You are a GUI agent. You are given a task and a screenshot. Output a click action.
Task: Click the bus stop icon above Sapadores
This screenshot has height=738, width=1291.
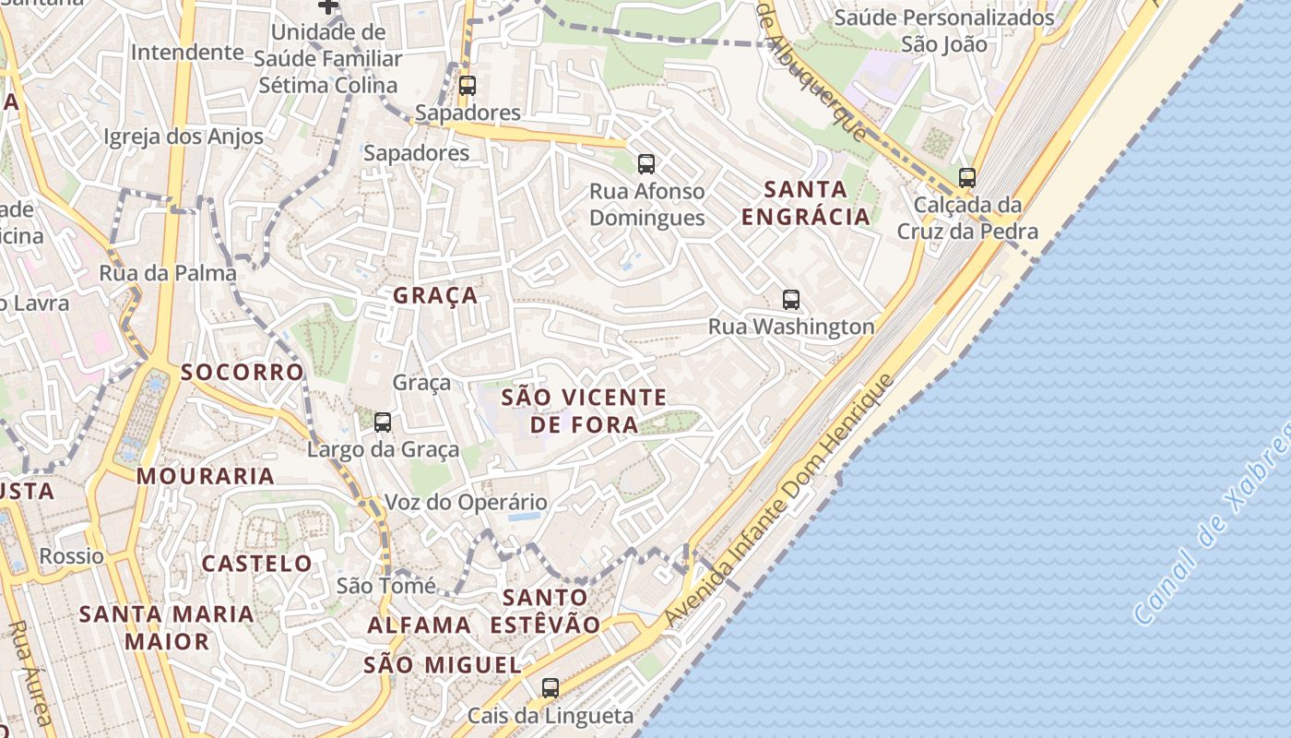point(468,86)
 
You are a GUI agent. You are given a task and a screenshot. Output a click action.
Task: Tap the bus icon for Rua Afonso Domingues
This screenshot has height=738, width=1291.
point(646,164)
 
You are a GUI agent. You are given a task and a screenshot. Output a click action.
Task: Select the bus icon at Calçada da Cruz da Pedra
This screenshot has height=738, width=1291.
point(967,178)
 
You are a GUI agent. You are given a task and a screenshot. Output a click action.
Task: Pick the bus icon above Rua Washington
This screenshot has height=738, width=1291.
point(791,299)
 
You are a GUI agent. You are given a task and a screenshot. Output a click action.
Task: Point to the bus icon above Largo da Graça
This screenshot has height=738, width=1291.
point(383,423)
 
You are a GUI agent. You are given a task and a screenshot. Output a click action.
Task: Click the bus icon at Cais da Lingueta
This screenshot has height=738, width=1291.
point(551,687)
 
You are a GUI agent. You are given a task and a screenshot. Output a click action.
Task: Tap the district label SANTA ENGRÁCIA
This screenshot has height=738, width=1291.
point(805,203)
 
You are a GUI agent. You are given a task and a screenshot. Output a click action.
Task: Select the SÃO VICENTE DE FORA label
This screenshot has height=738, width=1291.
point(584,411)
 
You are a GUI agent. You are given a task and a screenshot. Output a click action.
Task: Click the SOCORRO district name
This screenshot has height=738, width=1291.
point(242,372)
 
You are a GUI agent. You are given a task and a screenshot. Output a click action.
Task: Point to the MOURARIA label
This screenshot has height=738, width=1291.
point(206,476)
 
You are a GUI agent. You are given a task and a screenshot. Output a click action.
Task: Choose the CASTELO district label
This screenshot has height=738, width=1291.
point(257,563)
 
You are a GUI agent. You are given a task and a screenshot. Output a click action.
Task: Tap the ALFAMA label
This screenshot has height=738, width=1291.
point(420,625)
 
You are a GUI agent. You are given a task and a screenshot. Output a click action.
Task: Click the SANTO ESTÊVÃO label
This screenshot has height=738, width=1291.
point(545,611)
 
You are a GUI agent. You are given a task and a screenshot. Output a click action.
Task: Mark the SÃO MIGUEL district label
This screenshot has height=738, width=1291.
point(443,664)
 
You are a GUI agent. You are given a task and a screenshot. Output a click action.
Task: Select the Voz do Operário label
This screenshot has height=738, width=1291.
point(466,503)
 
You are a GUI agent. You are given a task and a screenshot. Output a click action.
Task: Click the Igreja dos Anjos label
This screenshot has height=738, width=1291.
point(184,137)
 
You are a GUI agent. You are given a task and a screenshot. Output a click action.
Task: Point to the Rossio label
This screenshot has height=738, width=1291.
point(72,556)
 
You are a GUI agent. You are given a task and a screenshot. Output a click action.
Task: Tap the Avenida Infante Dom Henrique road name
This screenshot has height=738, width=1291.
point(780,502)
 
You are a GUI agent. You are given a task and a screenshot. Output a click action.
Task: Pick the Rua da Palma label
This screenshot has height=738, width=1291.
point(168,273)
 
